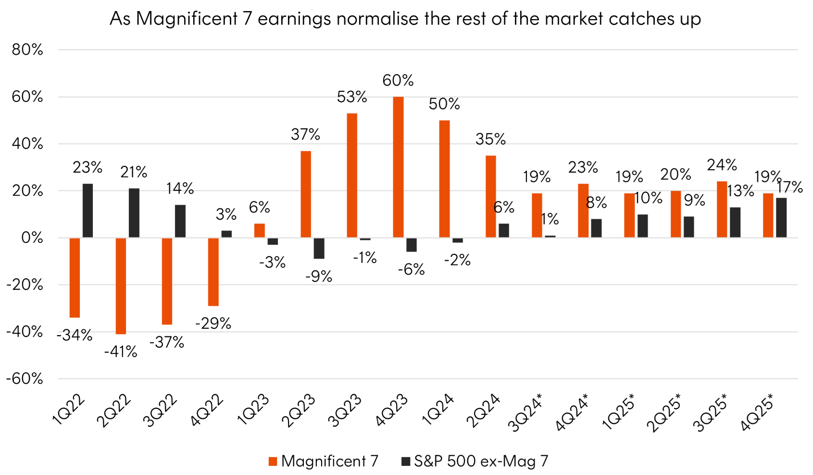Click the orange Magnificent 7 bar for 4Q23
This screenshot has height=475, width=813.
[398, 167]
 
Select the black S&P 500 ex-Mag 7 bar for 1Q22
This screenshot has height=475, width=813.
[88, 211]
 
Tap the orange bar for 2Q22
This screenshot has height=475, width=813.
[121, 286]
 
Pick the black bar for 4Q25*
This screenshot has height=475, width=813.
[781, 218]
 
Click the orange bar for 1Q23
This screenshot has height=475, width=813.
[259, 231]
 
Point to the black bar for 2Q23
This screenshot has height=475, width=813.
[319, 248]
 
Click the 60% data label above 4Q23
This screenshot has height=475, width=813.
[398, 80]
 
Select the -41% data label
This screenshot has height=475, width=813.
[121, 352]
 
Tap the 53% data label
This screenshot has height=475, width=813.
[352, 97]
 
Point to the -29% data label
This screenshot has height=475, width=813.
[213, 324]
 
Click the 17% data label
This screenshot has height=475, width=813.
[790, 187]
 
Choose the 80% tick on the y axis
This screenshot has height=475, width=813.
[27, 50]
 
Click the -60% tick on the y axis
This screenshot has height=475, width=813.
[25, 379]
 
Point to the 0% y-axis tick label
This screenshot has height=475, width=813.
[32, 238]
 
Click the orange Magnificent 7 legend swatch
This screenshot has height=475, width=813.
[273, 462]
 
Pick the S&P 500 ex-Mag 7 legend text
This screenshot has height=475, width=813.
[481, 462]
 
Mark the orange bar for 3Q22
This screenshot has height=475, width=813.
[167, 281]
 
